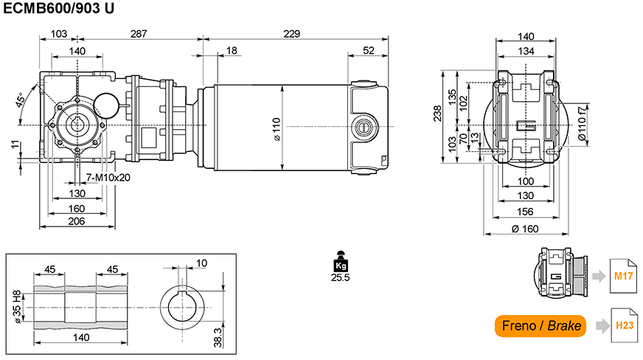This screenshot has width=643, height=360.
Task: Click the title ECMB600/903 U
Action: click(59, 8)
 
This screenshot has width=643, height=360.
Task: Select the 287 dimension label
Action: click(139, 34)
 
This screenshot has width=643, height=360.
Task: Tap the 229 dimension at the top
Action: click(291, 34)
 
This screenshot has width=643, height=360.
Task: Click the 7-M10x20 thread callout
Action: click(108, 178)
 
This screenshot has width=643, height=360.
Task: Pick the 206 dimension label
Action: click(76, 221)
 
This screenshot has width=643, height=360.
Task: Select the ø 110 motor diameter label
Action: click(277, 130)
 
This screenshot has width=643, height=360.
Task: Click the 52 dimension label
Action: click(369, 50)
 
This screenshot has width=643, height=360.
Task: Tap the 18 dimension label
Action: click(232, 50)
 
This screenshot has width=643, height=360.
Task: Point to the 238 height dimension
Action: click(437, 114)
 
